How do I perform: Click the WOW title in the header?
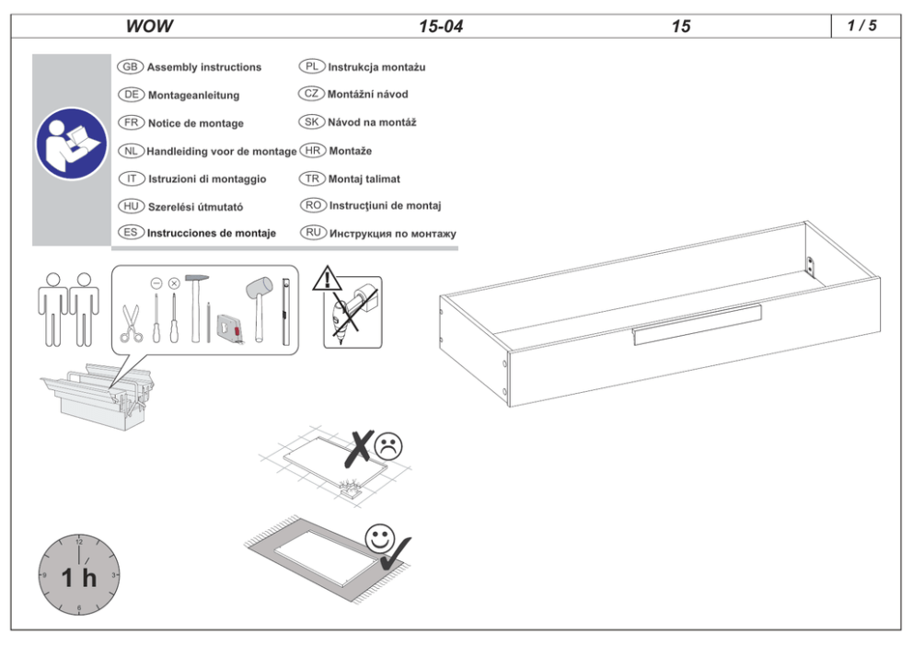[150, 26]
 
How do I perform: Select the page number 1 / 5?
[861, 26]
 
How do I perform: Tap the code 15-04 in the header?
[441, 26]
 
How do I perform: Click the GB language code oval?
[131, 67]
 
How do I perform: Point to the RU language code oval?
[313, 233]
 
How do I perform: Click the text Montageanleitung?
[193, 95]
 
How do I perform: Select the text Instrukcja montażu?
[376, 67]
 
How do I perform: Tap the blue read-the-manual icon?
[71, 144]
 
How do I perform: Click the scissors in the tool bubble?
[132, 324]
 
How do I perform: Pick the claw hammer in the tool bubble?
[196, 308]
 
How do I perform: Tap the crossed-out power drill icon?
[352, 313]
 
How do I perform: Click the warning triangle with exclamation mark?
[328, 279]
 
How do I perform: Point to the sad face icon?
[388, 446]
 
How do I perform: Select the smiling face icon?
[379, 539]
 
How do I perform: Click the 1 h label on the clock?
[78, 578]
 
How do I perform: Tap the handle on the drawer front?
[697, 324]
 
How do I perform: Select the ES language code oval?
[131, 233]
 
